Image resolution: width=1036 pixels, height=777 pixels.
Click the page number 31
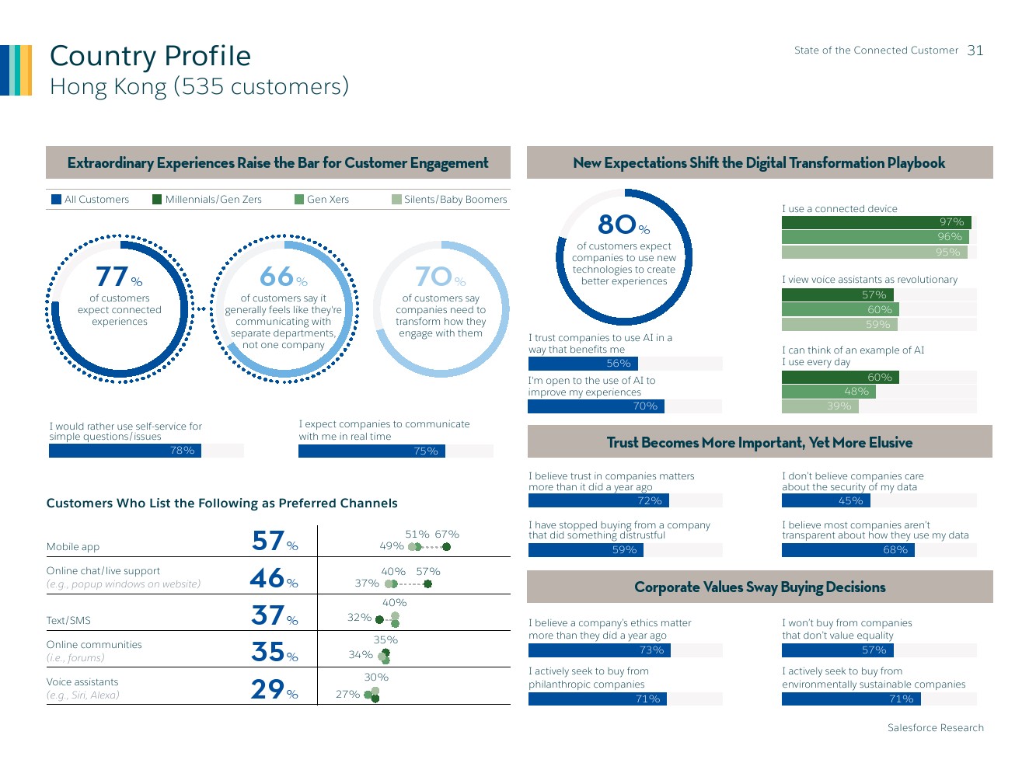coord(975,51)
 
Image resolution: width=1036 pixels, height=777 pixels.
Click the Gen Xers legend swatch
coord(299,200)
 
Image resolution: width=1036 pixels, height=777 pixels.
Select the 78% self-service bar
coord(124,451)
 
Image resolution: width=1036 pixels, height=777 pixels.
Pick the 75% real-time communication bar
coord(371,451)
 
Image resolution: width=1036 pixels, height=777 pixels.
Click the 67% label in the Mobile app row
coord(447,535)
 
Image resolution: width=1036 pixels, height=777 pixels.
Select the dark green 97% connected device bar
coord(876,222)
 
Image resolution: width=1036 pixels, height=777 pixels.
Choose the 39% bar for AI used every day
coord(819,406)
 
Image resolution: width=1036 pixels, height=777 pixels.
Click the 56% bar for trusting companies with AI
coord(583,364)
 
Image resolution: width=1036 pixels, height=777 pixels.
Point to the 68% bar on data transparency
coord(848,550)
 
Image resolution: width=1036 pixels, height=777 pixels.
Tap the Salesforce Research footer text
coord(935,728)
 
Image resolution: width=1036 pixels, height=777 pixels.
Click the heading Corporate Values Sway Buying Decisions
coord(759,587)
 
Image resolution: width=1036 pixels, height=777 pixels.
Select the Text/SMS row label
coord(68,621)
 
